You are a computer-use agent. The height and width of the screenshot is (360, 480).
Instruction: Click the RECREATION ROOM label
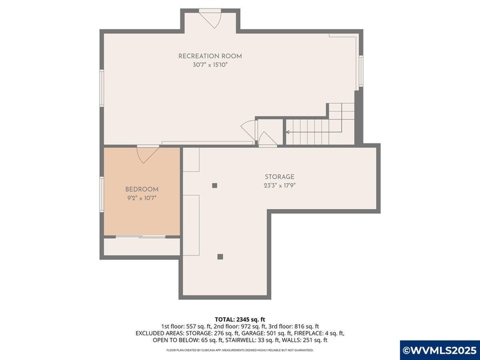point(210,56)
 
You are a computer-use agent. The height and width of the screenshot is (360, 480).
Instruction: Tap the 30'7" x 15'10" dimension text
point(210,65)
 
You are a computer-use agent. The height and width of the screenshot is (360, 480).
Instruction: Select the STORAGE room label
point(279,177)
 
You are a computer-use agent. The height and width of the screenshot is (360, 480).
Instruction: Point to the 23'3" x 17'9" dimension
point(279,186)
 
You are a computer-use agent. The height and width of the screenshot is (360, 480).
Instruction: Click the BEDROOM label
point(142,189)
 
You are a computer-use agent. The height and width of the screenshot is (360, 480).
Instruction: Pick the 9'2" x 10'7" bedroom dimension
point(142,198)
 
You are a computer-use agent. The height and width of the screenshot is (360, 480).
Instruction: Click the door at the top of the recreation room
point(210,18)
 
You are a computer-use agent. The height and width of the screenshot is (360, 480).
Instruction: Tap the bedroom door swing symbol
point(147,153)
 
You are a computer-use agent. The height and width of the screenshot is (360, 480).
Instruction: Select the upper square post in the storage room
point(215,185)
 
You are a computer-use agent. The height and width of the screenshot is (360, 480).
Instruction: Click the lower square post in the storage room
point(220,257)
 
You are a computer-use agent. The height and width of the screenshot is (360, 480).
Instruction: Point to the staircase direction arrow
point(289,132)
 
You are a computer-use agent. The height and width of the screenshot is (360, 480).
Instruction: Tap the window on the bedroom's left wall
point(102,193)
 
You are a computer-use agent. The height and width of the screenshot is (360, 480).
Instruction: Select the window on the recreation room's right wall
point(361,71)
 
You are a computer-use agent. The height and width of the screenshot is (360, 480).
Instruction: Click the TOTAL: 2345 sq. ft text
point(239,319)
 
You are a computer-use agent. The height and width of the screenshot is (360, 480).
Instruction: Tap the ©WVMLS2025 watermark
point(439,349)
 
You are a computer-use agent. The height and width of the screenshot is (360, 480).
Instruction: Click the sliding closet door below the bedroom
point(142,236)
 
